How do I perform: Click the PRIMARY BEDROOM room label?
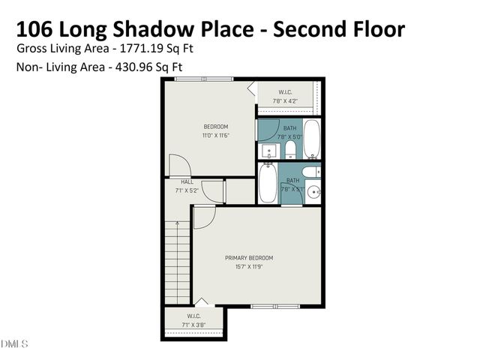(249, 258)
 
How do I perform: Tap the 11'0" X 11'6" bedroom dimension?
(215, 136)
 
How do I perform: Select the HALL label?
(187, 181)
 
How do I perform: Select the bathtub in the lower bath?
(267, 184)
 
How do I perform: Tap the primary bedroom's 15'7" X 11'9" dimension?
(249, 266)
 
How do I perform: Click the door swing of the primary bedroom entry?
(204, 217)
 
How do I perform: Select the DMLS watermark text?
(14, 344)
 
